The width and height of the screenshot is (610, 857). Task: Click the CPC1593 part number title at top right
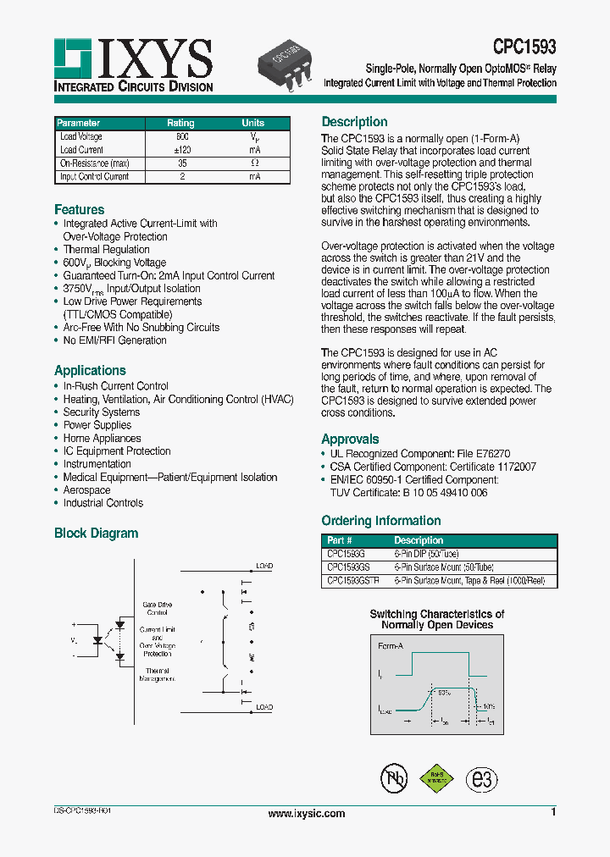524,47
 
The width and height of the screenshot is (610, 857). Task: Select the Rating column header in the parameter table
180,123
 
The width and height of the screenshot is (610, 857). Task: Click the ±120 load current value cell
180,150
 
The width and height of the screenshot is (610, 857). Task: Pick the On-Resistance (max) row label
94,163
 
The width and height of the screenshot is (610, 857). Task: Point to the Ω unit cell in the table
253,163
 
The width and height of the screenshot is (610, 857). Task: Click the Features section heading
80,209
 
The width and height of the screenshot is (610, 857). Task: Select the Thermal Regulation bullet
106,250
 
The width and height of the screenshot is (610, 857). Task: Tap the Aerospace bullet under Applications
86,490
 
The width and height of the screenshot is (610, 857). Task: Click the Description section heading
354,122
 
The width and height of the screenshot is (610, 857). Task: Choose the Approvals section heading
350,439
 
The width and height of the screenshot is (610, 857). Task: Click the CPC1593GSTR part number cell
353,581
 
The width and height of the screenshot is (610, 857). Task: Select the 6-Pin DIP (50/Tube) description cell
429,554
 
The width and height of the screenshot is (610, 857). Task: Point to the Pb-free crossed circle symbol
392,778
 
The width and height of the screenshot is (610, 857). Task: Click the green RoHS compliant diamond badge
436,778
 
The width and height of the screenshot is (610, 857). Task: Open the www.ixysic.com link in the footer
306,814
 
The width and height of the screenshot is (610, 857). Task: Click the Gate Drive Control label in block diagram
158,608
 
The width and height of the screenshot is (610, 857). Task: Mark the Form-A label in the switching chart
391,646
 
